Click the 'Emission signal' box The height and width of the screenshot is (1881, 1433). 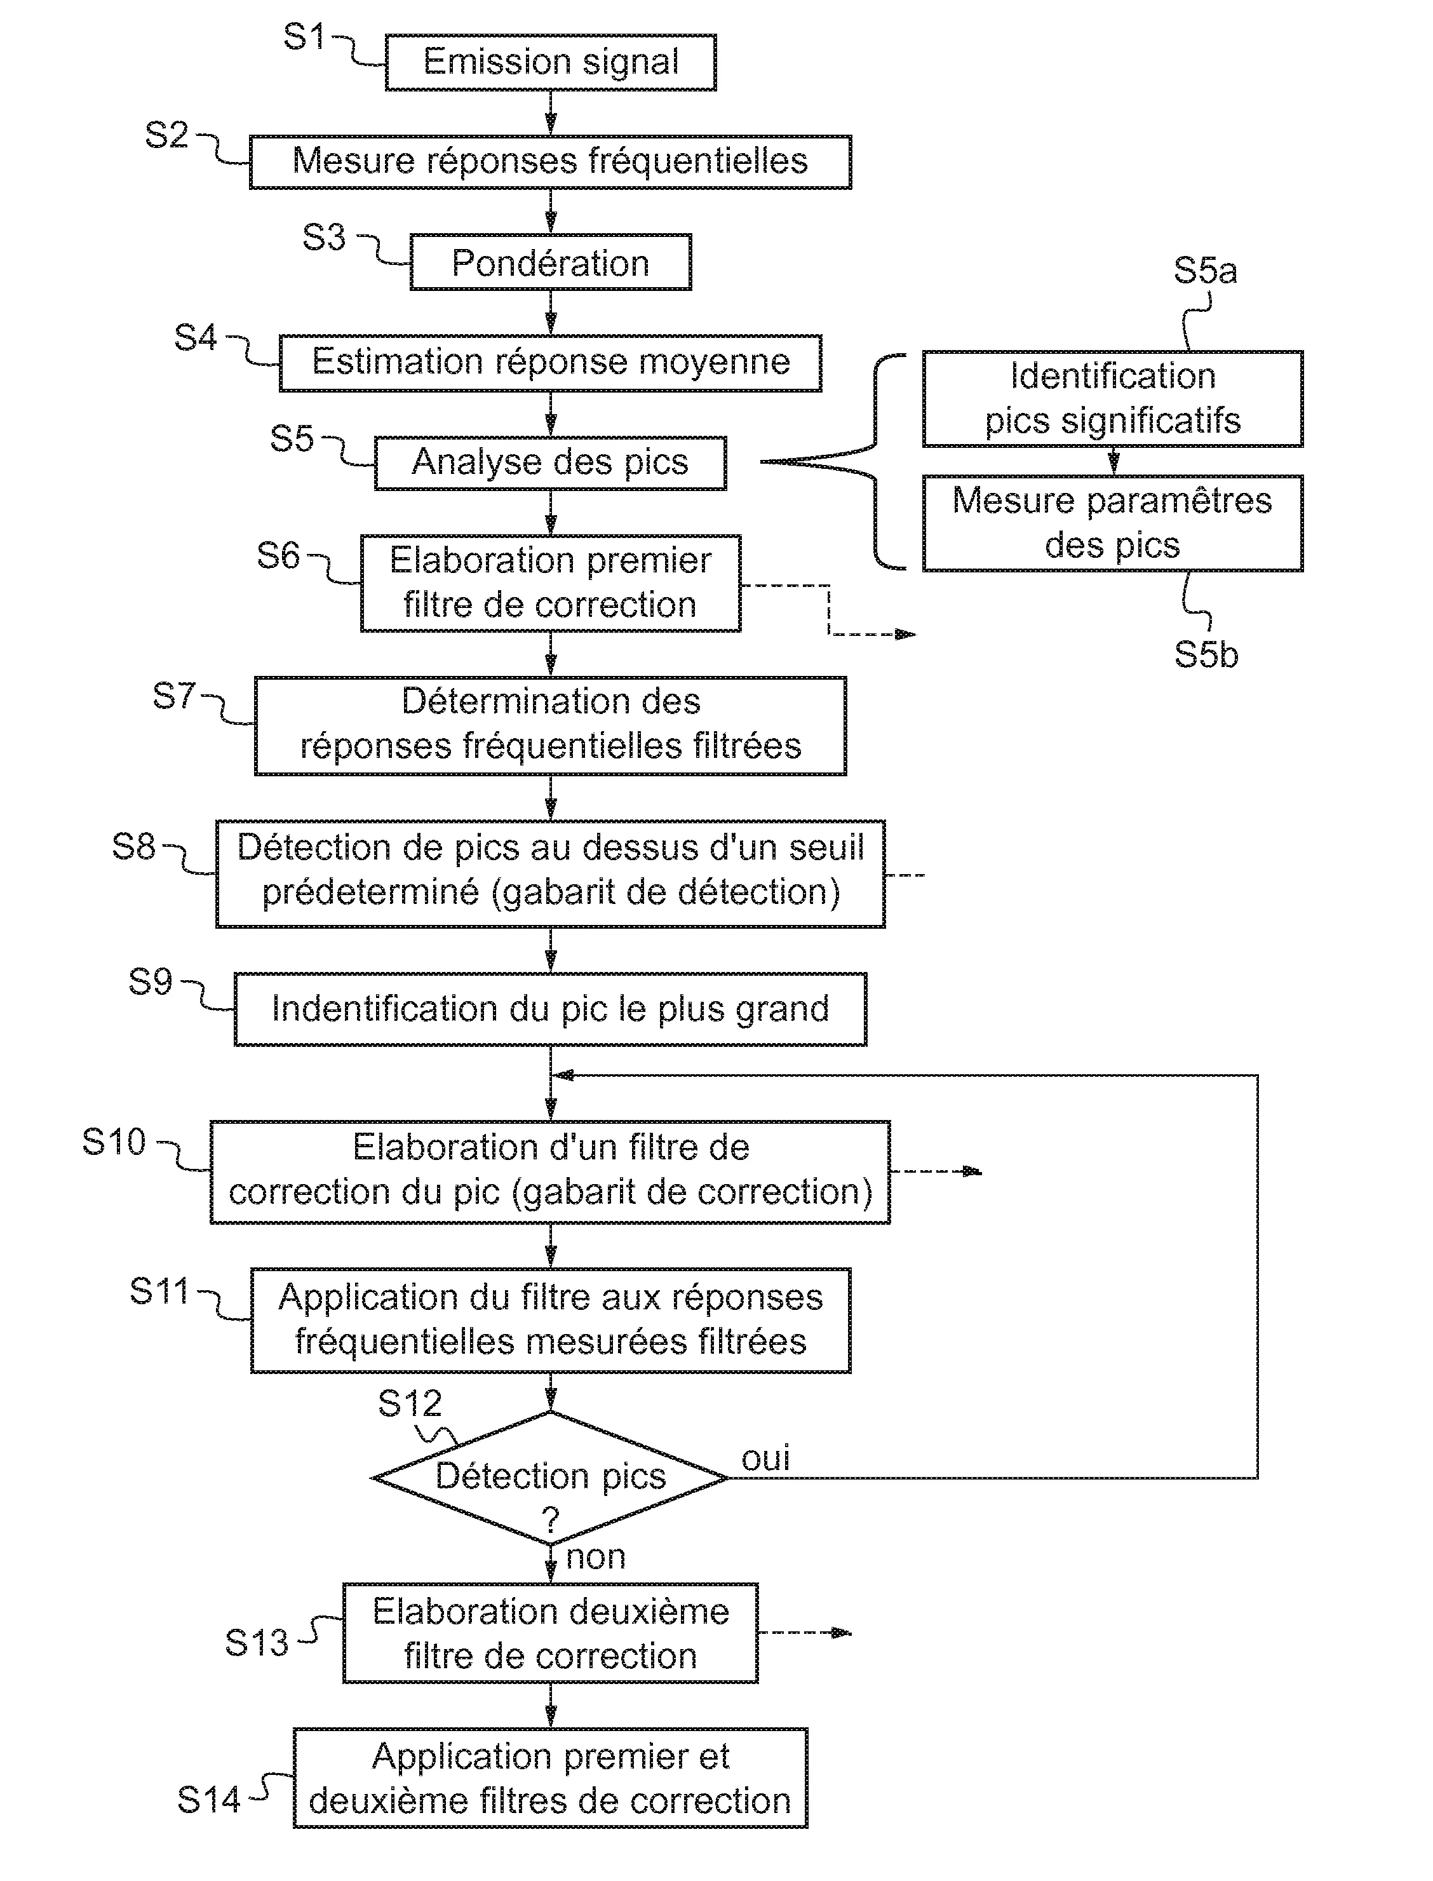coord(550,62)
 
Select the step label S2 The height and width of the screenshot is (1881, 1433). coord(166,135)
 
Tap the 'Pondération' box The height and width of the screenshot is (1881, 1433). coord(550,263)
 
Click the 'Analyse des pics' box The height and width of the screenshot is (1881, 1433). coord(550,462)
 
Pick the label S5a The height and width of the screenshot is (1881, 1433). coord(1204,271)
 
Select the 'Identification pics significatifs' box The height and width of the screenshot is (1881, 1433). coord(1112,398)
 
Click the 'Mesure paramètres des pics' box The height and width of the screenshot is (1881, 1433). coord(1112,523)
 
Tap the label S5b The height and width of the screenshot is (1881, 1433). coord(1205,654)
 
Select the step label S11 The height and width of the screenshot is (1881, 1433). coord(159,1291)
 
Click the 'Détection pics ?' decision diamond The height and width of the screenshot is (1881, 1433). coord(550,1478)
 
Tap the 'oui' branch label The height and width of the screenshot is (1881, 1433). coord(765,1458)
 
